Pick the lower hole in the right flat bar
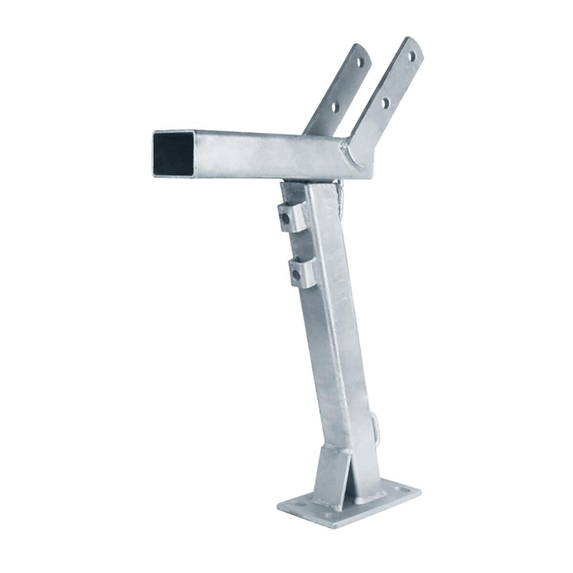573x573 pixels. (385, 102)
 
